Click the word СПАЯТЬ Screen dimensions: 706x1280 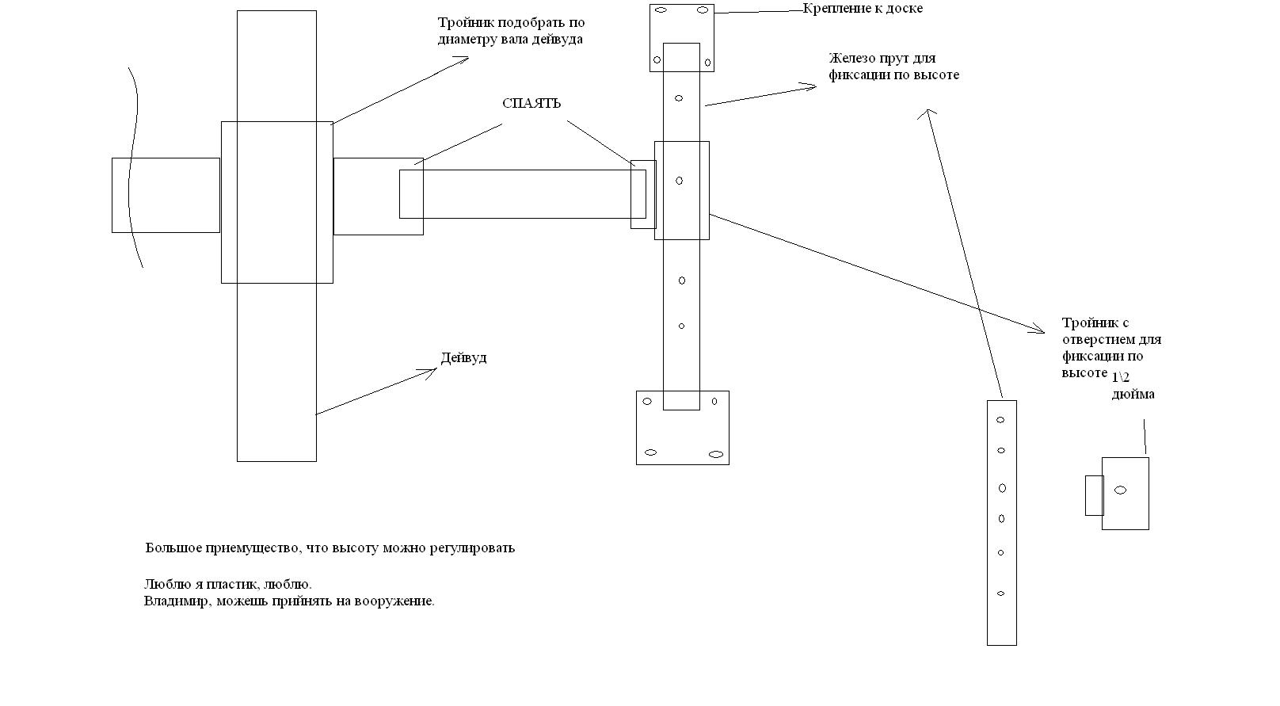click(531, 104)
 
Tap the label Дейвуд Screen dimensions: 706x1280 click(463, 358)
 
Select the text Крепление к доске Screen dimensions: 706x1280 click(862, 9)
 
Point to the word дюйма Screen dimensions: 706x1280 click(1133, 395)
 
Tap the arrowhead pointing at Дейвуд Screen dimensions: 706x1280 click(432, 370)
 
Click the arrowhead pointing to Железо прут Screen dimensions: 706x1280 click(811, 86)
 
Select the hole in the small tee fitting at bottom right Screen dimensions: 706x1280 click(1120, 490)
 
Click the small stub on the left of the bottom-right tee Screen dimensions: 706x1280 click(1094, 495)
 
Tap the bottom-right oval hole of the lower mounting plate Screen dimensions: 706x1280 click(716, 455)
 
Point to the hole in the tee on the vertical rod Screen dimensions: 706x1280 click(679, 181)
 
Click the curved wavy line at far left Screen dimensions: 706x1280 click(135, 166)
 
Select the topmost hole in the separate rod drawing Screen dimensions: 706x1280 click(1000, 420)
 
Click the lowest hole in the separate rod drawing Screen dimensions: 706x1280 click(1001, 593)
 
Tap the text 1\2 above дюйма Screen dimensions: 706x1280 click(1121, 378)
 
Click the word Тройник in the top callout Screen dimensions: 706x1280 click(464, 24)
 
